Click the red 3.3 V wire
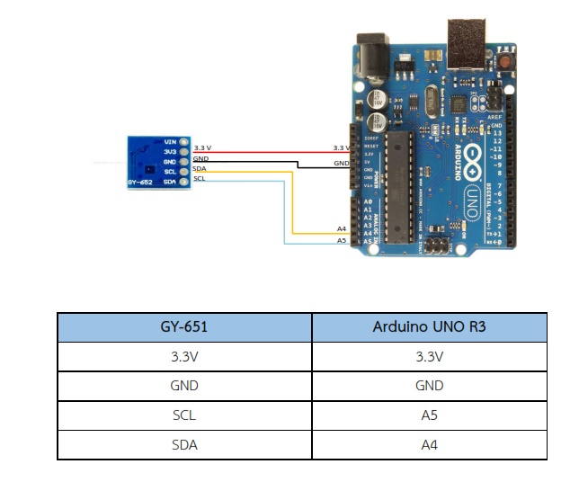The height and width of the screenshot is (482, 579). pyautogui.click(x=270, y=152)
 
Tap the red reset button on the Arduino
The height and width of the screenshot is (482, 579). pyautogui.click(x=509, y=62)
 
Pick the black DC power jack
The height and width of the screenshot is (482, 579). pyautogui.click(x=373, y=55)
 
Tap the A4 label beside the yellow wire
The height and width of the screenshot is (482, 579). pyautogui.click(x=342, y=229)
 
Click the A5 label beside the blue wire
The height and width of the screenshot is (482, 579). pyautogui.click(x=342, y=241)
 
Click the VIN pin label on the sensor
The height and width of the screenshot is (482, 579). pyautogui.click(x=170, y=141)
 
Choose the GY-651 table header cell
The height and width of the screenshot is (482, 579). pyautogui.click(x=183, y=326)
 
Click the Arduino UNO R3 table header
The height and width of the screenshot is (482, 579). pyautogui.click(x=429, y=326)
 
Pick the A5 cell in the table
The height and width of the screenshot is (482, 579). pyautogui.click(x=429, y=415)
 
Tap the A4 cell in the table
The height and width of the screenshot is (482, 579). pyautogui.click(x=429, y=444)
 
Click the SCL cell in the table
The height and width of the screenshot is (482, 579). pyautogui.click(x=183, y=415)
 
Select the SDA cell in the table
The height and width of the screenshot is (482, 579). pyautogui.click(x=183, y=444)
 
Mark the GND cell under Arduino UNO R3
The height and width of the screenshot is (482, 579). pyautogui.click(x=429, y=385)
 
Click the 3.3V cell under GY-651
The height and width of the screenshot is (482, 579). pyautogui.click(x=183, y=356)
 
